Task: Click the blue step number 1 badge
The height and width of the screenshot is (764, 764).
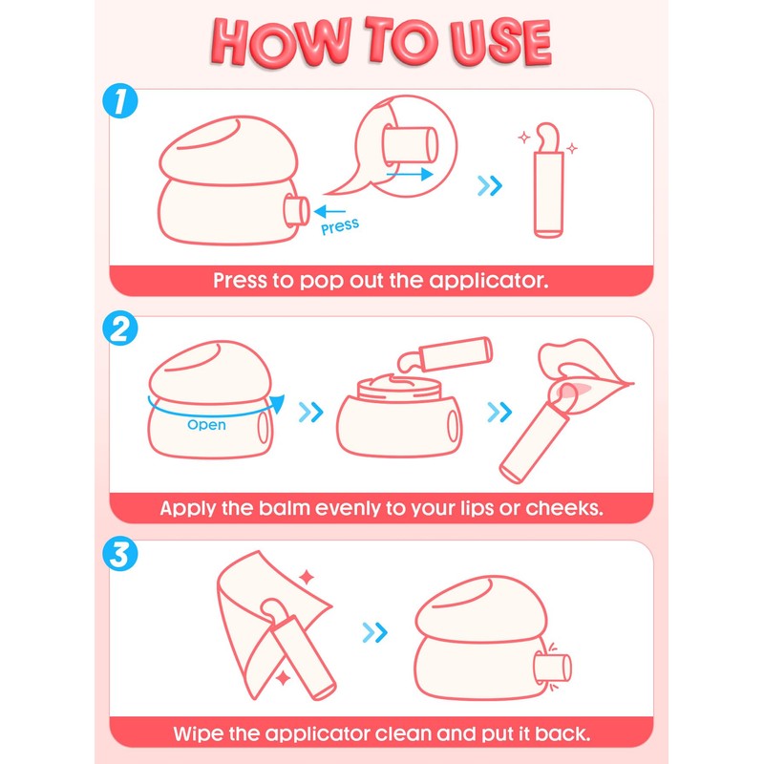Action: (120, 101)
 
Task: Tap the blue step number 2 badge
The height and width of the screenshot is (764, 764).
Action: (120, 328)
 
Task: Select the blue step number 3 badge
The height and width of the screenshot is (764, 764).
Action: (120, 554)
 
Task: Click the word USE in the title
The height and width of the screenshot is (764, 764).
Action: (500, 43)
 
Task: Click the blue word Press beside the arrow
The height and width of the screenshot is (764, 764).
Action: (340, 226)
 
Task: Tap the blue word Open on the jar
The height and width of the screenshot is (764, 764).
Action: (206, 425)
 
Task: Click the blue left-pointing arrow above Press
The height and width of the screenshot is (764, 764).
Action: (329, 211)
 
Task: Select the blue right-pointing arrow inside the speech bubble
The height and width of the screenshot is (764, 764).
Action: (410, 174)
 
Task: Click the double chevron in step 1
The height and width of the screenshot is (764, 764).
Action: (490, 185)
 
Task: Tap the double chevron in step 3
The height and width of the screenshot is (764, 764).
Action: (374, 632)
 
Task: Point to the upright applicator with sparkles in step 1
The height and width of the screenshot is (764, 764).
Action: (548, 180)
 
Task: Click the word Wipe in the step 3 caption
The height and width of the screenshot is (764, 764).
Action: (198, 733)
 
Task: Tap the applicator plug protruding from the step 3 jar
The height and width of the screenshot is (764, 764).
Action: (553, 668)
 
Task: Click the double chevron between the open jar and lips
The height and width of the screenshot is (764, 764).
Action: (499, 413)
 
